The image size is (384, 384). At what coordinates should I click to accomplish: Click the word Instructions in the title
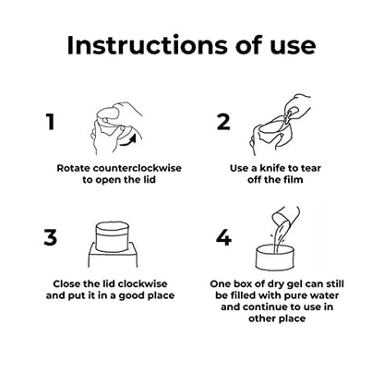149,45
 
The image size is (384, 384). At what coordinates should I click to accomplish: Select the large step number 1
51,122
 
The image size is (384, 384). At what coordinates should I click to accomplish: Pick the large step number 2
223,122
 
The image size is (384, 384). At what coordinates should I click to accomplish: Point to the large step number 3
51,237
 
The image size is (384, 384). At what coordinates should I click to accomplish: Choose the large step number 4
223,237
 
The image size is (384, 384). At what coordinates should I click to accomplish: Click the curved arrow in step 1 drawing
128,140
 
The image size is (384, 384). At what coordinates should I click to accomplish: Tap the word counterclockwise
138,168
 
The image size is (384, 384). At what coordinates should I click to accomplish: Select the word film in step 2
294,180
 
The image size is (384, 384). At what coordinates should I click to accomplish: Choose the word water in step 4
325,295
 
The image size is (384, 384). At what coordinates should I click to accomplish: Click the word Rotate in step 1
74,168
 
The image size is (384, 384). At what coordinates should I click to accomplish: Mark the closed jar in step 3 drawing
111,236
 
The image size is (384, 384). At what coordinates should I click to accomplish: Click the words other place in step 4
277,318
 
